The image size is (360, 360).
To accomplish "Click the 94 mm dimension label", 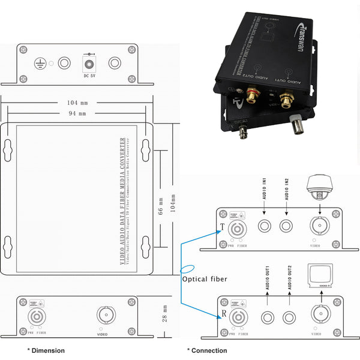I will pos(77,113).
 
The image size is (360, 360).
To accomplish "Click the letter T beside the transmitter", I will pos(223,227).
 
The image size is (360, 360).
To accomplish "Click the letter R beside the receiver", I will pos(223,314).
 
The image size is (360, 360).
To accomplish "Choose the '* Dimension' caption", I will pos(46,350).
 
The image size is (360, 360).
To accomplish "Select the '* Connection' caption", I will pos(207,350).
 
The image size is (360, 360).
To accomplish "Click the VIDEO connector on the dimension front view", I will pos(106,315).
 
